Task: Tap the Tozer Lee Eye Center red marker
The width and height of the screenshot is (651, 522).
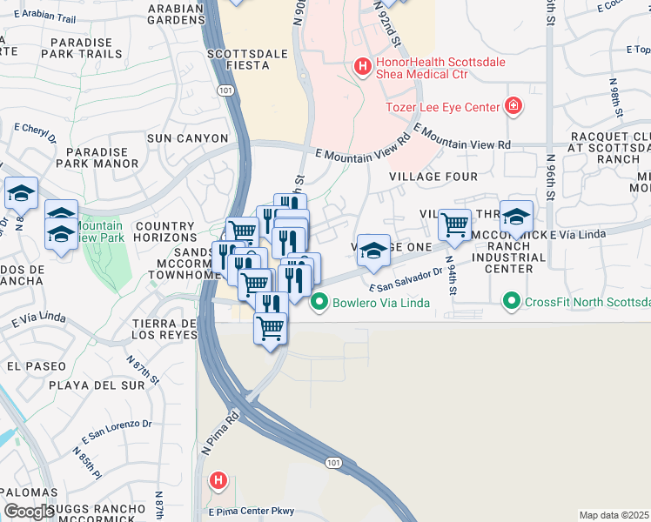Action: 514,107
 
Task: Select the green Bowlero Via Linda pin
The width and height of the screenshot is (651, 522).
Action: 319,303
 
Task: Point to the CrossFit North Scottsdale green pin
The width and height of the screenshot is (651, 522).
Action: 511,303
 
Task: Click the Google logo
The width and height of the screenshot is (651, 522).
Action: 29,512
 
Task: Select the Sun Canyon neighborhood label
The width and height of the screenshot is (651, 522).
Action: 187,138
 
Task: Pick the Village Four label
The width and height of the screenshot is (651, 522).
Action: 433,177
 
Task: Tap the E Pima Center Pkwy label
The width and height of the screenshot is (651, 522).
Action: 251,511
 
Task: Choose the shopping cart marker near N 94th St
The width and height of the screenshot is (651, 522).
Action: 454,225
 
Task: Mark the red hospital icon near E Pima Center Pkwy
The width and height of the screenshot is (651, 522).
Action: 218,479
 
